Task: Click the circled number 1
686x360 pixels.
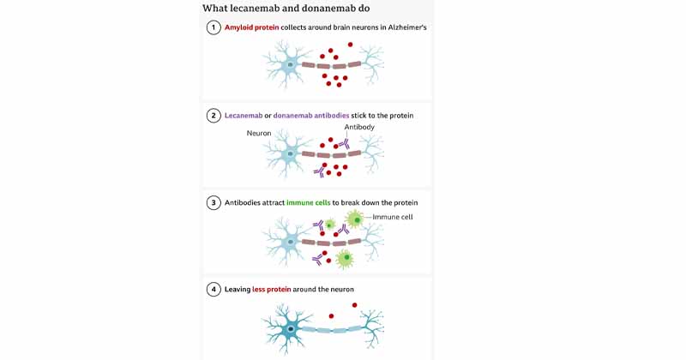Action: point(214,27)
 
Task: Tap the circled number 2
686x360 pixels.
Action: point(214,115)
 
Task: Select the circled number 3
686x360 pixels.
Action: point(214,203)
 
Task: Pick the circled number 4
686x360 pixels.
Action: point(214,290)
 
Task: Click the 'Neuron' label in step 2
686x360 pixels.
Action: point(259,134)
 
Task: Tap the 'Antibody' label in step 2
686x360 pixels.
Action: point(359,127)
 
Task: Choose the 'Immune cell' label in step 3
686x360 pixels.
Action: point(393,217)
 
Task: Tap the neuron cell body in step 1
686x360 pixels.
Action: point(290,64)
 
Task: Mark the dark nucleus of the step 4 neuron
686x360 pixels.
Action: point(292,329)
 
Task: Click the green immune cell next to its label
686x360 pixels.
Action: point(354,219)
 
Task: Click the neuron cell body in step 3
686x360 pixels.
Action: point(290,242)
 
